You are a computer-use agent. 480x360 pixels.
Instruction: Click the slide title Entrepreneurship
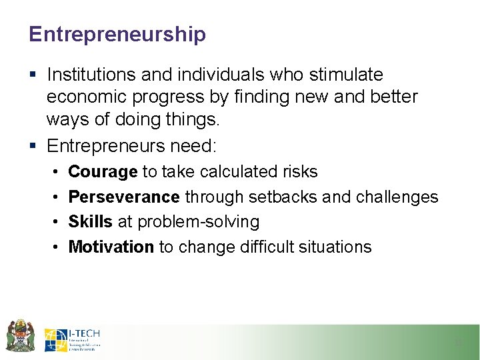(x=117, y=34)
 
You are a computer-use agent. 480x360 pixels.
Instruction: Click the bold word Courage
(x=103, y=172)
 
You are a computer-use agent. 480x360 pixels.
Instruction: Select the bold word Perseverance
(x=124, y=197)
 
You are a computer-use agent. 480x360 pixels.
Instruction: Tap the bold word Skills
(x=90, y=222)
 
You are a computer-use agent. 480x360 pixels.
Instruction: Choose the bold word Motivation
(x=111, y=247)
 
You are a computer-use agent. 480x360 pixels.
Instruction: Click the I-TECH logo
(x=72, y=339)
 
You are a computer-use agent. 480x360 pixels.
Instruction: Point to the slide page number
(x=457, y=343)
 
